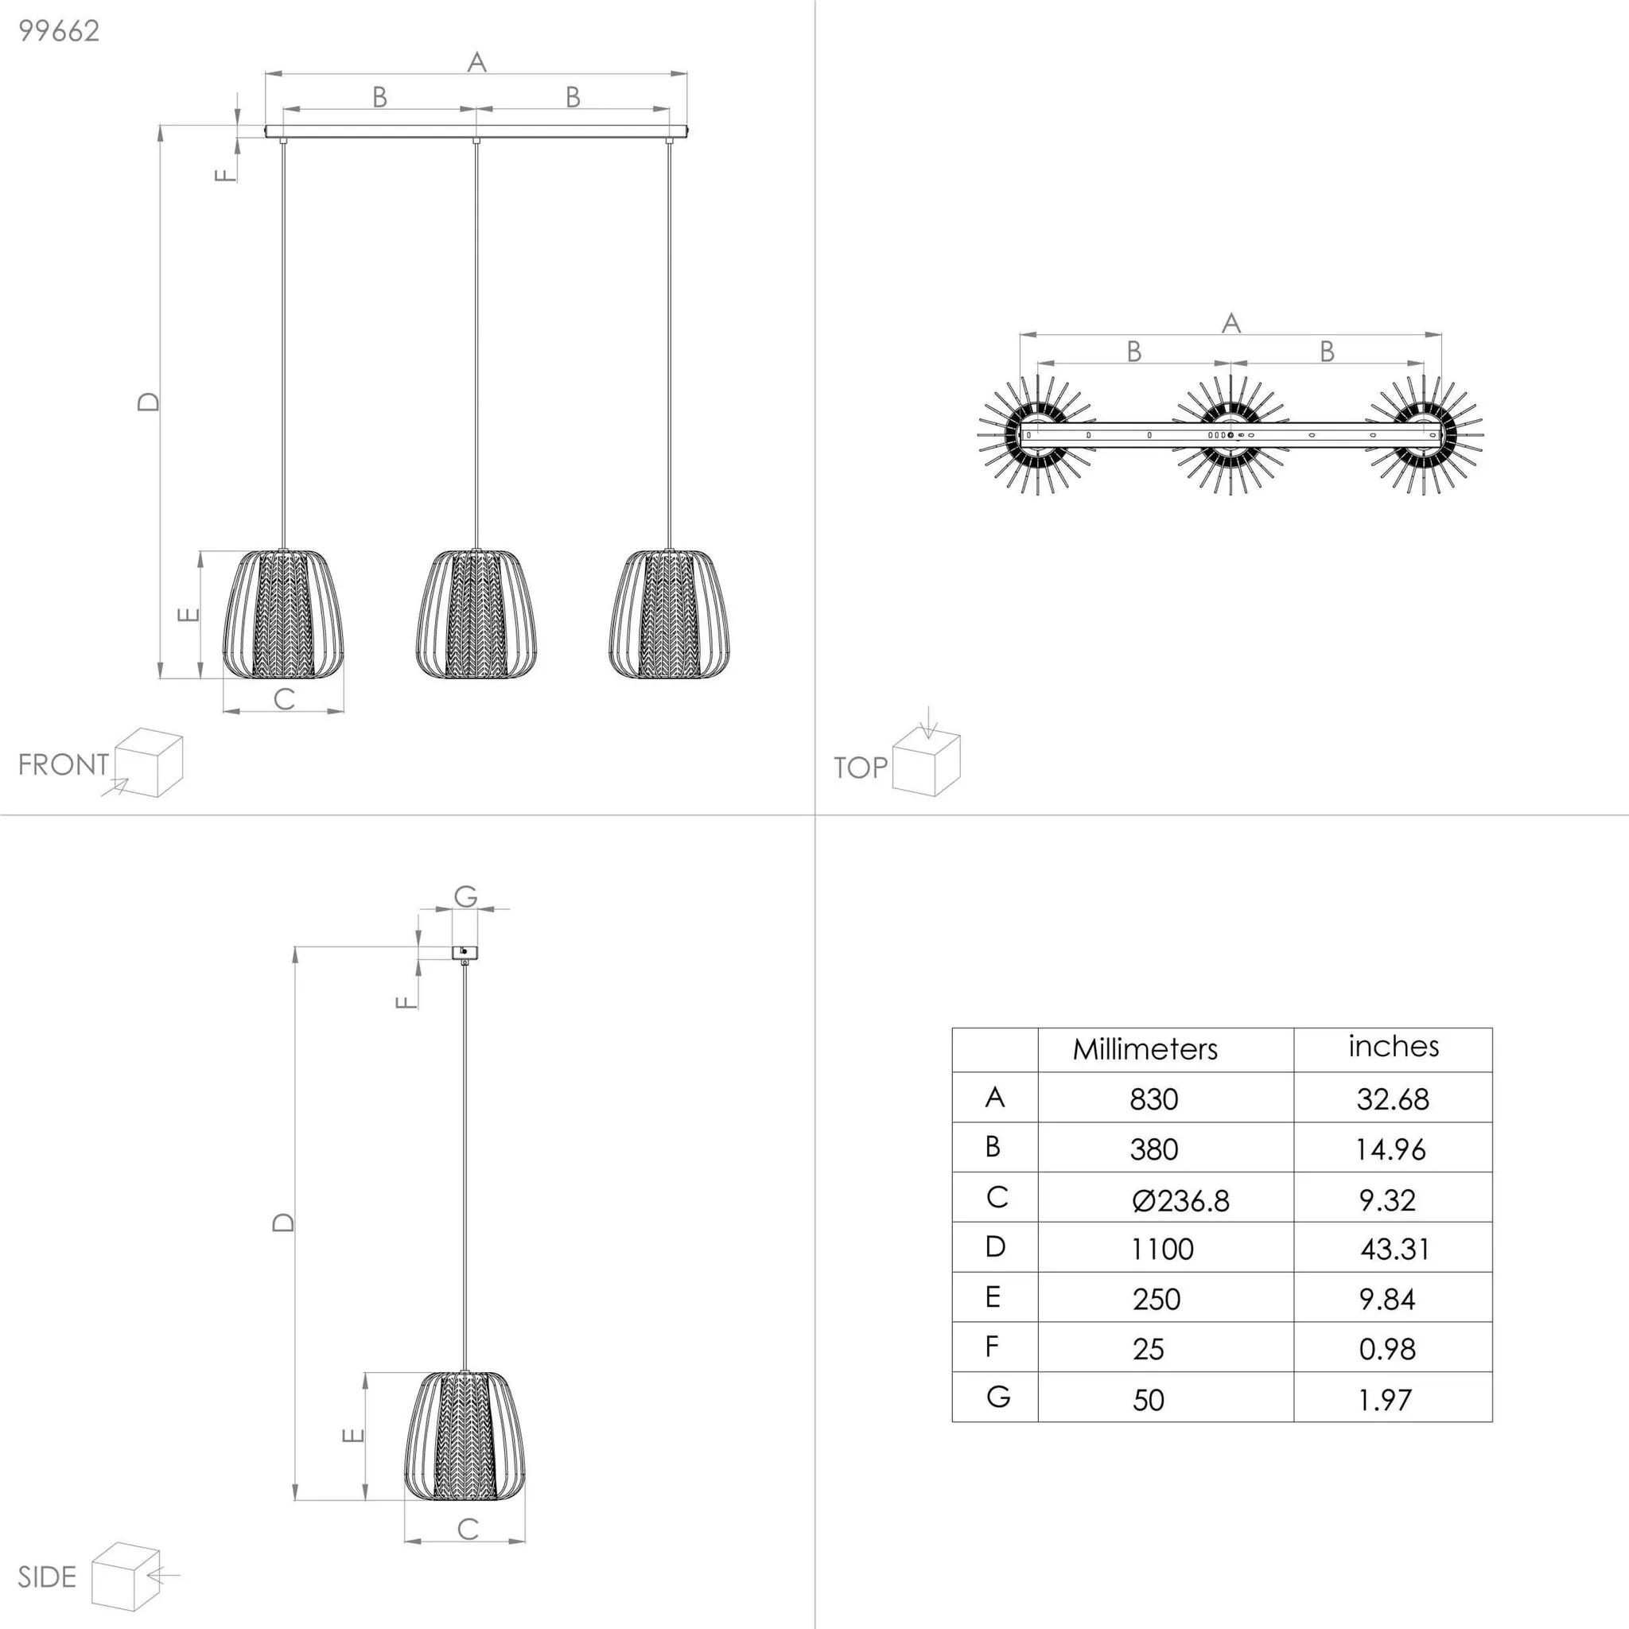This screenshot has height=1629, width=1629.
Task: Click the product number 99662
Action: pyautogui.click(x=59, y=31)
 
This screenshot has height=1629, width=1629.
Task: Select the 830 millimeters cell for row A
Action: pyautogui.click(x=1153, y=1099)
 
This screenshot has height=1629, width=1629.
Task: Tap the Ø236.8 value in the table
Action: pyautogui.click(x=1180, y=1199)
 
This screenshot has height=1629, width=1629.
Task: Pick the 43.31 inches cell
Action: pyautogui.click(x=1394, y=1249)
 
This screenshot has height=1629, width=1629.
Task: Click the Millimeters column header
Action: pyautogui.click(x=1145, y=1049)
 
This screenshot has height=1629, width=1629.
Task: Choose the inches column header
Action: pyautogui.click(x=1393, y=1047)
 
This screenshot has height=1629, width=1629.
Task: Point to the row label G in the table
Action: pyautogui.click(x=997, y=1397)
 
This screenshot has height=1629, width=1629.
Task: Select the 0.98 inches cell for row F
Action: pyautogui.click(x=1387, y=1349)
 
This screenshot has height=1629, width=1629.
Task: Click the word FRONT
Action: pyautogui.click(x=64, y=764)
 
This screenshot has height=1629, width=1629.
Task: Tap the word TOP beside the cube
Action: pyautogui.click(x=860, y=768)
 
